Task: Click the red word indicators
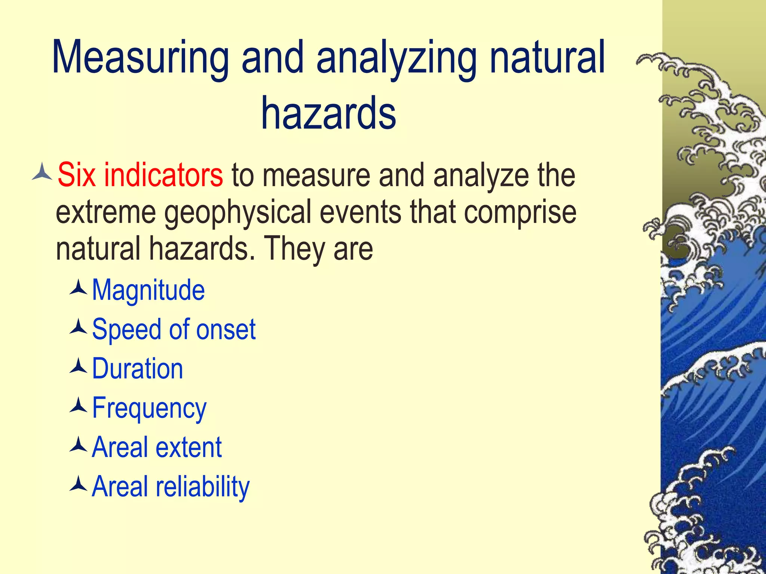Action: click(x=163, y=175)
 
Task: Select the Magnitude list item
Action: click(x=148, y=290)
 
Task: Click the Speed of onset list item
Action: click(x=174, y=330)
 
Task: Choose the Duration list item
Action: click(x=138, y=368)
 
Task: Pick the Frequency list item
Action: click(x=149, y=408)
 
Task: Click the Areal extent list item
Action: click(x=157, y=447)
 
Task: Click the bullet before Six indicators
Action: click(x=42, y=172)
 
